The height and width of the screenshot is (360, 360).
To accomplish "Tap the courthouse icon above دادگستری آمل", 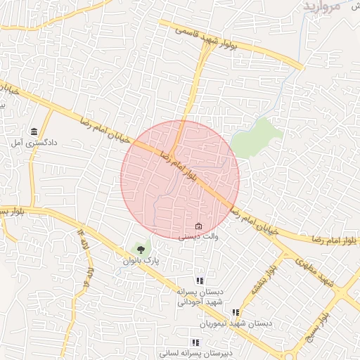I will (34, 131).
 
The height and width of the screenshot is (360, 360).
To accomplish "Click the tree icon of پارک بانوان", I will (141, 249).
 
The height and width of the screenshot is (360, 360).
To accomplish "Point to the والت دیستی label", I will (198, 237).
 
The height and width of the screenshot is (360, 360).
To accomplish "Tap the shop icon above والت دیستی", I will (198, 226).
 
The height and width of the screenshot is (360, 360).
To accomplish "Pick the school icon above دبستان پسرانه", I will (200, 281).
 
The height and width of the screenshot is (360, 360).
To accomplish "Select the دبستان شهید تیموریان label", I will (236, 323).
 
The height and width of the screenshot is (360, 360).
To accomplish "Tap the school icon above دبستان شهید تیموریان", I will (236, 313).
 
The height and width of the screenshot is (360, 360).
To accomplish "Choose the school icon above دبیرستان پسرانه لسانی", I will (195, 343).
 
